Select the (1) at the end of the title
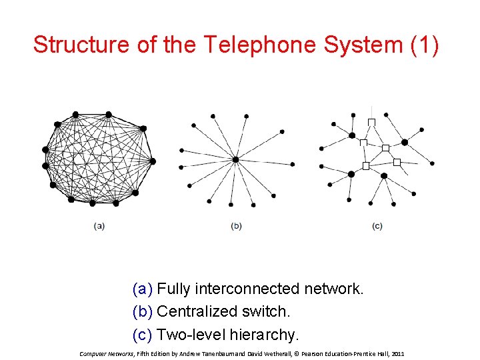(423, 45)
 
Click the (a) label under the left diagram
(99, 226)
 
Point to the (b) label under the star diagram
(236, 226)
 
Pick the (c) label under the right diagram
(377, 226)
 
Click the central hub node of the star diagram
(235, 160)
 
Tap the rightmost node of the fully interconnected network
(153, 161)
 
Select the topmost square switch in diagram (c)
(372, 121)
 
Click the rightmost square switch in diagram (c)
(397, 162)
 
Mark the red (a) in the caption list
(143, 289)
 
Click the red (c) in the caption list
(143, 333)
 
